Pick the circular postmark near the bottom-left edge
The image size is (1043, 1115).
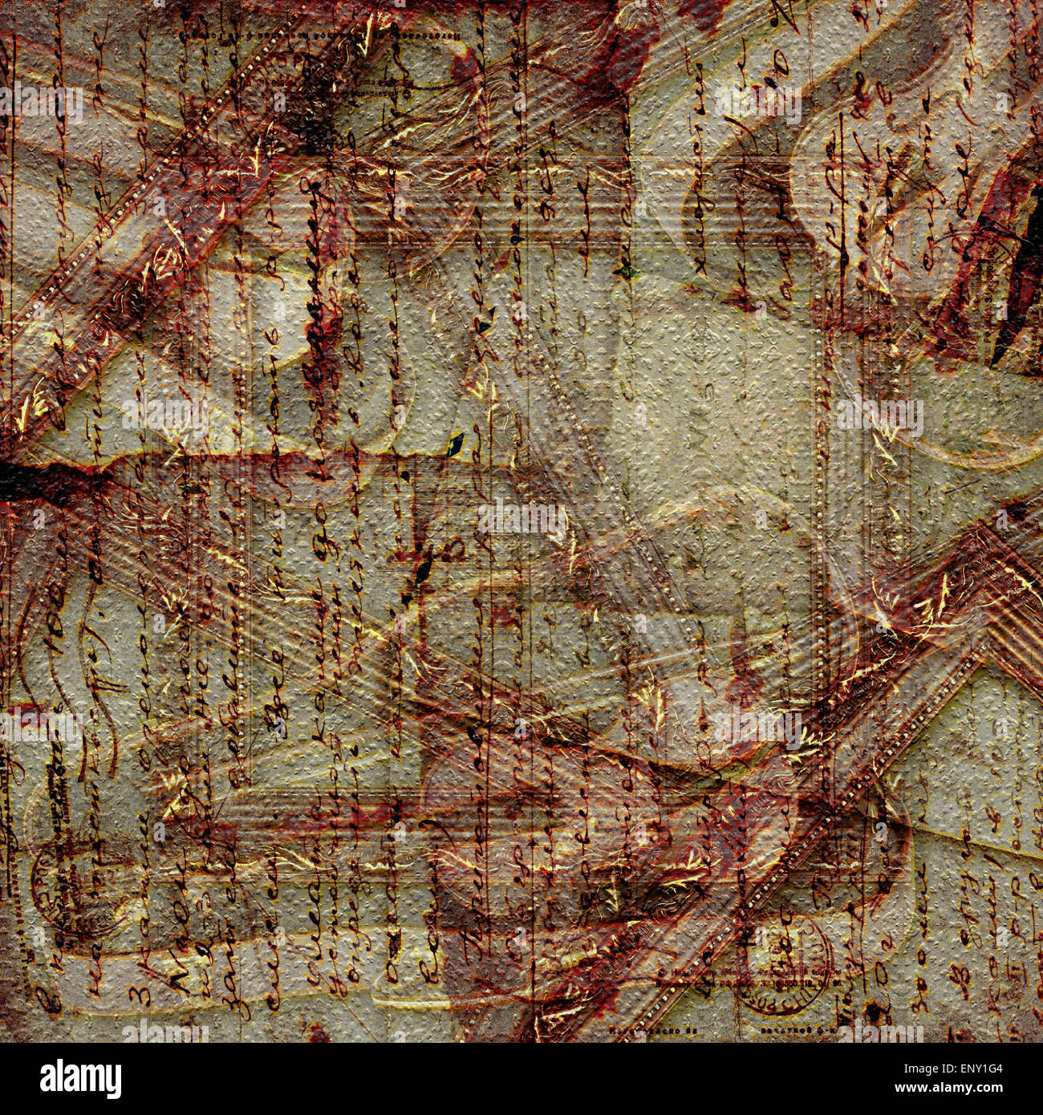point(60,890)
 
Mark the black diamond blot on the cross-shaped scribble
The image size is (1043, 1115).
point(423,570)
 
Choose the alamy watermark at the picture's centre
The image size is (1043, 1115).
point(521,517)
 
